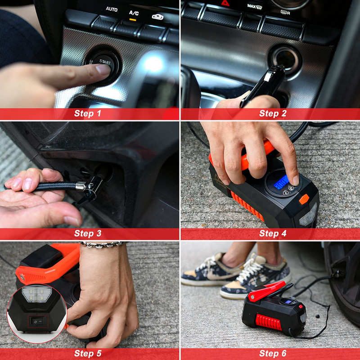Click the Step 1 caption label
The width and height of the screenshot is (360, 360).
click(87, 113)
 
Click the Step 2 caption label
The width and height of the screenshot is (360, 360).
click(273, 113)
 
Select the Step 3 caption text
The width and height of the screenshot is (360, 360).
click(87, 233)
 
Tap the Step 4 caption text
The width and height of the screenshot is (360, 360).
click(273, 233)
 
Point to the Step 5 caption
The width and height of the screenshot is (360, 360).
click(87, 353)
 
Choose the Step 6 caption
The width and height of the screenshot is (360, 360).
click(273, 353)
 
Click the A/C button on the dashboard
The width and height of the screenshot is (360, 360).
click(134, 13)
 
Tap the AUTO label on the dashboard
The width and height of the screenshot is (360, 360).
click(112, 9)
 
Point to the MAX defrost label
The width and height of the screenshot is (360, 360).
click(255, 6)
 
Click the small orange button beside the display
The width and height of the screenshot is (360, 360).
click(304, 199)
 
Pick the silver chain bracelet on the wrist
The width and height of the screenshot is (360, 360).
click(101, 243)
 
